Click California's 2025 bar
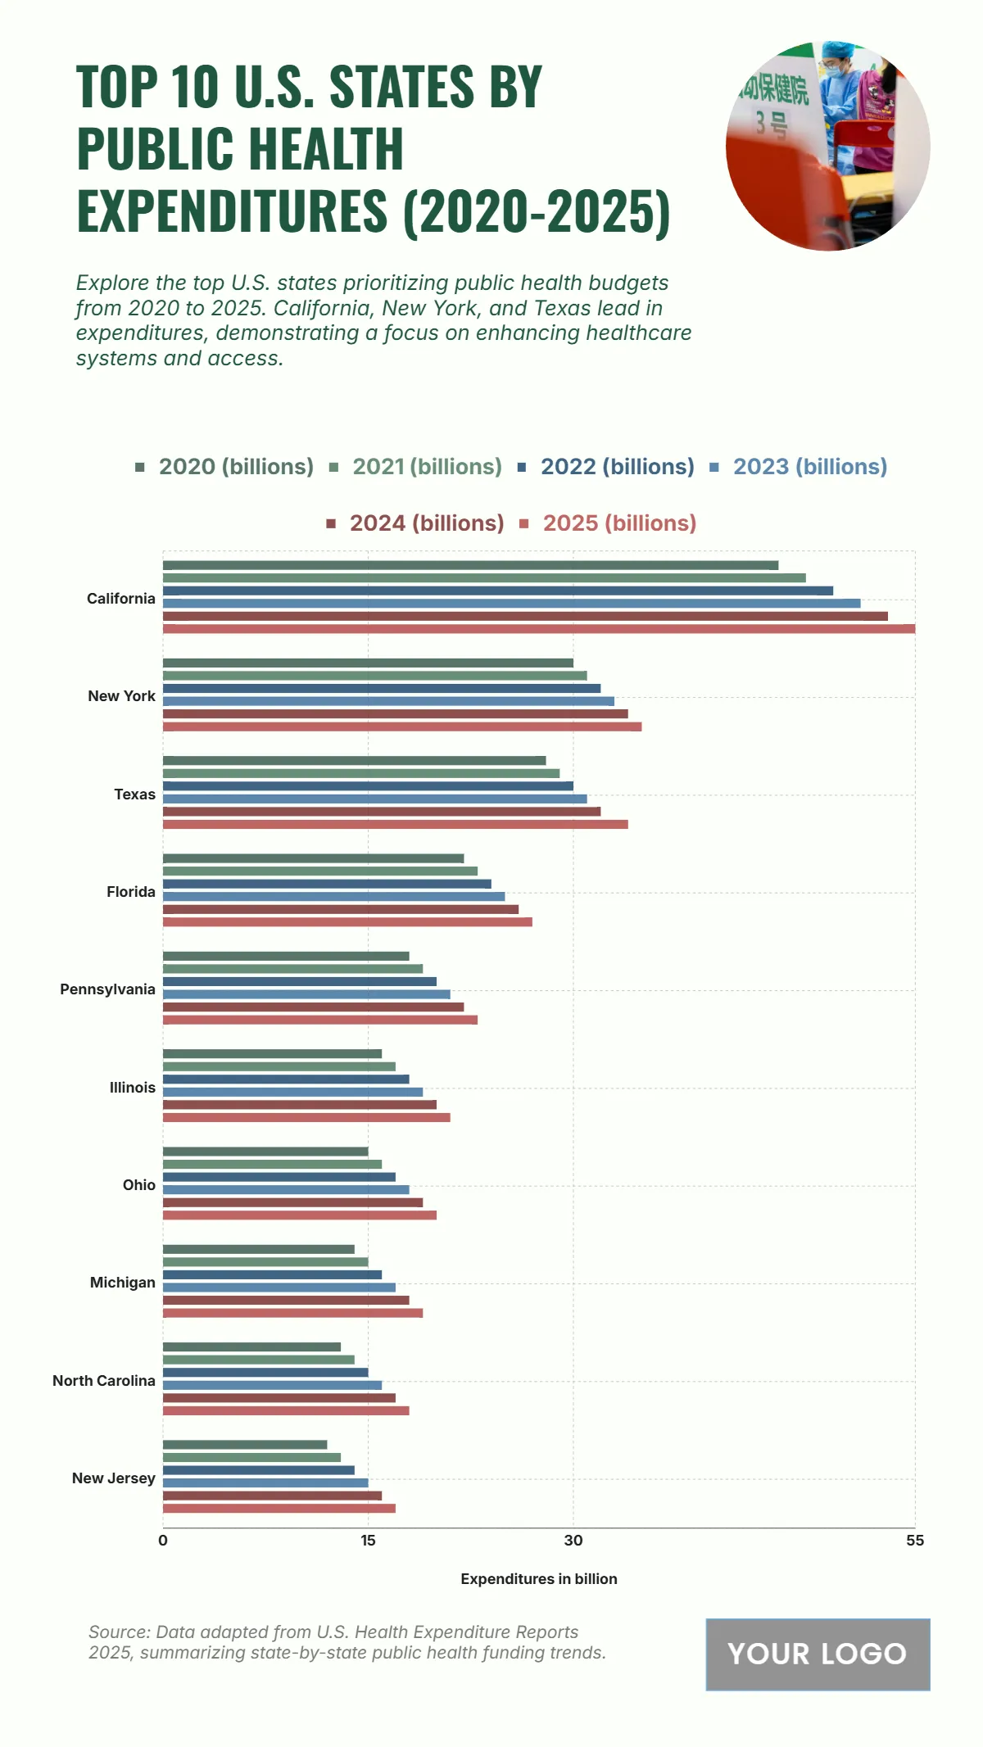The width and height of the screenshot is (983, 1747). pos(539,629)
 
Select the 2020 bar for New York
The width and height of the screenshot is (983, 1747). pos(368,663)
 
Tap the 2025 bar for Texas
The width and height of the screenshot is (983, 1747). pos(396,824)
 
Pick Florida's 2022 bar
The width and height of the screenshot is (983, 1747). pos(327,884)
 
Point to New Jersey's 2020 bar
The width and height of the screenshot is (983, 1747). pos(245,1445)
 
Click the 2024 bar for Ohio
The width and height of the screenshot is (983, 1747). pos(292,1202)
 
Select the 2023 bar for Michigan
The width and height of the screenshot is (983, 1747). pos(279,1288)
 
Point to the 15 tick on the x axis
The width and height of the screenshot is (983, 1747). pos(368,1541)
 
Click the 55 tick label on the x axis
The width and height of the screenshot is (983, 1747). pos(914,1541)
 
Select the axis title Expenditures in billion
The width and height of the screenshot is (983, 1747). pos(539,1579)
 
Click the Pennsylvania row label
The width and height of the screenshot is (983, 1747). pos(107,989)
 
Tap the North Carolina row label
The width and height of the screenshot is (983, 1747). pos(104,1381)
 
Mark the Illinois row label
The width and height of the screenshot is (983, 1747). pos(133,1088)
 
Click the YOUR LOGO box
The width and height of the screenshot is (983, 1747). pos(818,1654)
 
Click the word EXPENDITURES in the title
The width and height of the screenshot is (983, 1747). pos(232,211)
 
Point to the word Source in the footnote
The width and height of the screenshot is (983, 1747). pos(119,1632)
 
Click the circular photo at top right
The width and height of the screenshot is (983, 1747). pos(827,146)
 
